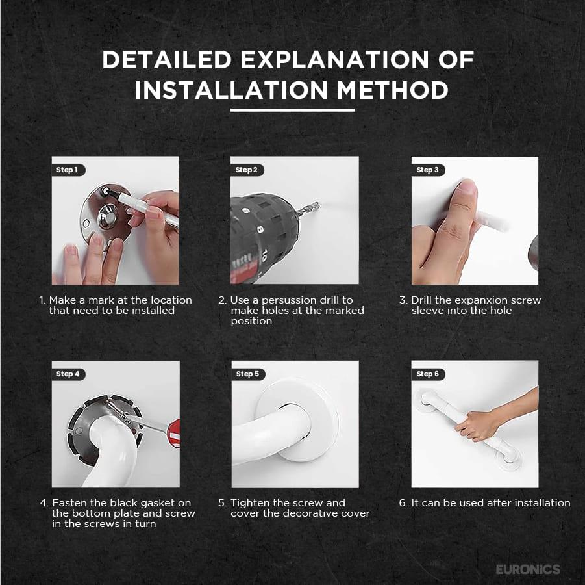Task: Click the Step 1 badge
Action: point(68,170)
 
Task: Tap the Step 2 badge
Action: point(247,170)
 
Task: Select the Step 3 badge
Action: point(428,170)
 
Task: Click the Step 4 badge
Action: point(68,374)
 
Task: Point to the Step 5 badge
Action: point(248,374)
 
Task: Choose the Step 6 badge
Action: point(428,374)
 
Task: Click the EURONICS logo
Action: point(528,569)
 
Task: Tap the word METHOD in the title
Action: point(392,90)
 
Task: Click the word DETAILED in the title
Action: point(167,59)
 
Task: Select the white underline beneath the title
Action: point(292,110)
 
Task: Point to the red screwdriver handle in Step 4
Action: point(173,432)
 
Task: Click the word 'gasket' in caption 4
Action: point(151,503)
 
